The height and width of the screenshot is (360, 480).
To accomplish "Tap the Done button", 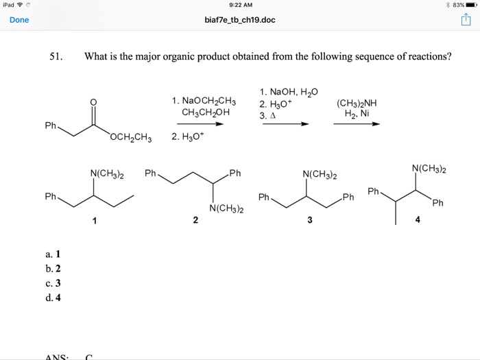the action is [x=19, y=20].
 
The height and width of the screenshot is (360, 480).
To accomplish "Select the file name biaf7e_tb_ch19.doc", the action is [x=240, y=20].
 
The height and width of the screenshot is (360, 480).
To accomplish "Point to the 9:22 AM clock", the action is [x=240, y=5].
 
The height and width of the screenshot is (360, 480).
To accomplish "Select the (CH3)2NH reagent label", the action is [x=357, y=104].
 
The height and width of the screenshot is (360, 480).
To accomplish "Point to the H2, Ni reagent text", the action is [x=357, y=115].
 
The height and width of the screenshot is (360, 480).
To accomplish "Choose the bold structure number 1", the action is [x=95, y=221].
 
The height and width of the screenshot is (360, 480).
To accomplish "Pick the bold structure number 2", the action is [x=195, y=221].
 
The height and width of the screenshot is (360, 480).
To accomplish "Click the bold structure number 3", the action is [x=309, y=221].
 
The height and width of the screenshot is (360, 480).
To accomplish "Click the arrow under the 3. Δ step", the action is [x=284, y=124].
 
